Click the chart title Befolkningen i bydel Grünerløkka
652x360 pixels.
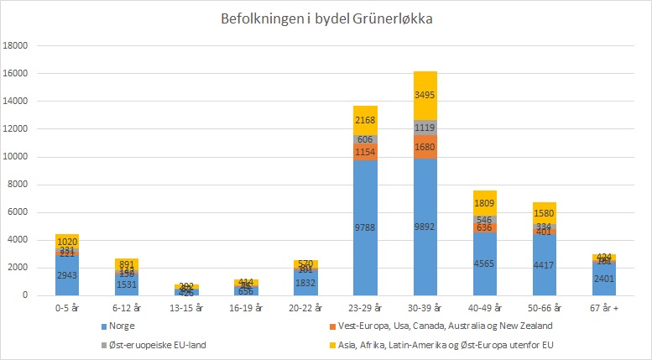point(327,18)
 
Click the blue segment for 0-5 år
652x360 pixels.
point(67,275)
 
